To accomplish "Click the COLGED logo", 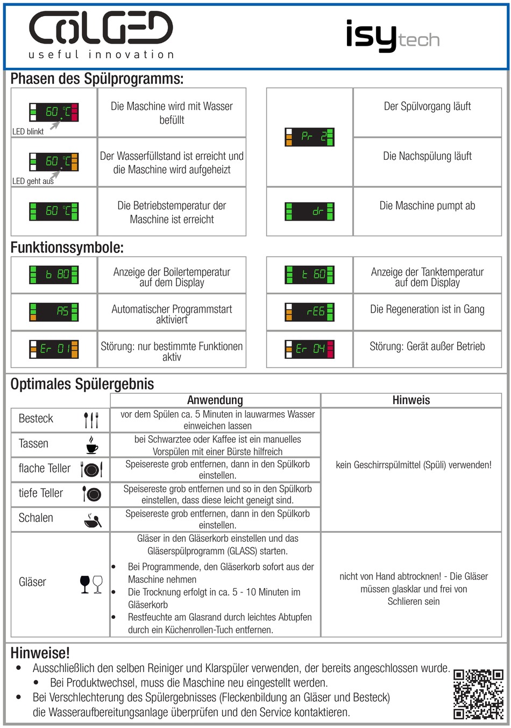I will point(101,33).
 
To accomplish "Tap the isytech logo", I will point(393,37).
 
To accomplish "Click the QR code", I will point(478,694).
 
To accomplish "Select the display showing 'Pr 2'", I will point(310,137).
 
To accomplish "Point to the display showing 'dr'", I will point(310,211).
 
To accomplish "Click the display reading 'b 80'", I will point(54,274).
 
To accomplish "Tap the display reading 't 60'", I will point(310,274).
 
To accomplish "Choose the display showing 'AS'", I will point(54,312).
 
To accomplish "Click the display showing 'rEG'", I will point(310,312).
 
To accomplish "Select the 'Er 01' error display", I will point(54,349).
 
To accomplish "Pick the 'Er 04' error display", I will point(310,349).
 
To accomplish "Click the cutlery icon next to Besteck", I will point(91,419).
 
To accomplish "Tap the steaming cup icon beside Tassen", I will point(92,444).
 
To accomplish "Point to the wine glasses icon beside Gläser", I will point(91,584).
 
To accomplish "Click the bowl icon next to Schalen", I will point(93,520).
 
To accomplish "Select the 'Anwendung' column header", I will point(215,400).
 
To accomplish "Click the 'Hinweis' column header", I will point(411,400).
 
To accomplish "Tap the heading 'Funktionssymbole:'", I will point(67,248).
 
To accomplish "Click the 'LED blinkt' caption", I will point(28,131).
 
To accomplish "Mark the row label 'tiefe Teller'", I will point(41,493).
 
